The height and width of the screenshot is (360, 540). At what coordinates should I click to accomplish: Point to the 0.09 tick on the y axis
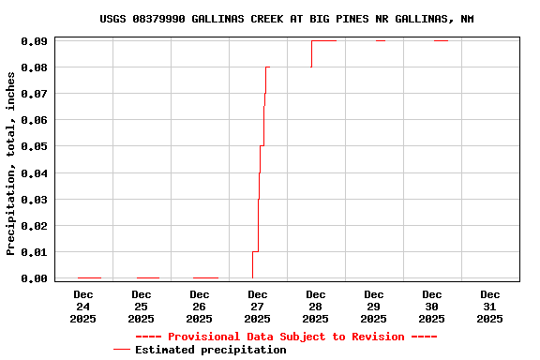tap(35, 41)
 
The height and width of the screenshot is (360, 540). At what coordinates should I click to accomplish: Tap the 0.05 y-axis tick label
tap(35, 146)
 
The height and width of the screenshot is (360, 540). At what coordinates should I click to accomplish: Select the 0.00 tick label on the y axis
tap(35, 278)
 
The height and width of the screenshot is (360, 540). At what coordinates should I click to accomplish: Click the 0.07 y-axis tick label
tap(35, 94)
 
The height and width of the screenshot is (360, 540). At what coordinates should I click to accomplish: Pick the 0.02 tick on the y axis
tap(35, 226)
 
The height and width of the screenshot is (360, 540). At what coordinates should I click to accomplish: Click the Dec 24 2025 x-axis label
tap(82, 307)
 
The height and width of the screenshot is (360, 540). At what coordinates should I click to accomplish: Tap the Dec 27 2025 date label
tap(257, 307)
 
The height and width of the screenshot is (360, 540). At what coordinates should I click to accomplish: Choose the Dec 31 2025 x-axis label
tap(489, 307)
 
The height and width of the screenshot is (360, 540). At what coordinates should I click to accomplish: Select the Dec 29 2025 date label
tap(373, 307)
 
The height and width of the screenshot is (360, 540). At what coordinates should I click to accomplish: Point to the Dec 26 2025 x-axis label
tap(199, 307)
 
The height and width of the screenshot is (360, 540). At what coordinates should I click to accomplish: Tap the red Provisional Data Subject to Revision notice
tap(286, 337)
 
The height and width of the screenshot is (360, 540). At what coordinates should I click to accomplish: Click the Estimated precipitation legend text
tap(210, 350)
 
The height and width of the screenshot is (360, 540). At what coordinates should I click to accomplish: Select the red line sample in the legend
tap(122, 350)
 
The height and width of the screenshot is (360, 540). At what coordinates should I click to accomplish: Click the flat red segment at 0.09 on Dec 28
tap(323, 40)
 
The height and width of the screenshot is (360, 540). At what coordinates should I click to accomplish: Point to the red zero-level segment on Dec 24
tap(89, 277)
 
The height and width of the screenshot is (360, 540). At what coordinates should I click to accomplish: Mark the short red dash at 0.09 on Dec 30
tap(441, 40)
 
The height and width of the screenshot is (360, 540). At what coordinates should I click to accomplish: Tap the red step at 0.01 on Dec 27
tap(255, 251)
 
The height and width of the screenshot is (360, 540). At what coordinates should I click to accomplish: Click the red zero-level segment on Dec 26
tap(205, 277)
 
